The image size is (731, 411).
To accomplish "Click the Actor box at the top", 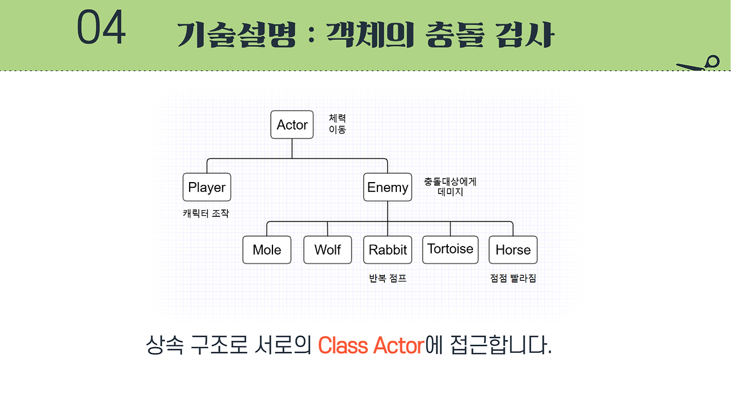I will (x=292, y=124).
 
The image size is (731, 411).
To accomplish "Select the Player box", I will (x=207, y=187).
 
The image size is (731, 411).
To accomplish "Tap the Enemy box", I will (x=387, y=187).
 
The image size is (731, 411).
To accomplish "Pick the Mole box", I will (x=267, y=249).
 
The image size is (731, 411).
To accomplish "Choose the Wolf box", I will (x=327, y=249).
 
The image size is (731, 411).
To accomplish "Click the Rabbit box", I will (x=388, y=249).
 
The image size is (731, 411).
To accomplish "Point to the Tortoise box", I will (x=450, y=249).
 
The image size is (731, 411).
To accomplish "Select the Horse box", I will (x=513, y=249).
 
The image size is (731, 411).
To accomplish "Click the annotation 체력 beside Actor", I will (x=337, y=118).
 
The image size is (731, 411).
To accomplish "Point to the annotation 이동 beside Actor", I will (x=337, y=129).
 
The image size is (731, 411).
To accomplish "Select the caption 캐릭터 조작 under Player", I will (x=206, y=213).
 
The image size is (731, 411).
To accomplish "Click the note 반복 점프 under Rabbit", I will (x=388, y=279).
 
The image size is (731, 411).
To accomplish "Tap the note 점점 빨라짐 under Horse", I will (x=513, y=279).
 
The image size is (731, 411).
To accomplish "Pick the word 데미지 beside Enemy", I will (x=450, y=192).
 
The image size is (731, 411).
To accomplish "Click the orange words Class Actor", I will (x=371, y=345).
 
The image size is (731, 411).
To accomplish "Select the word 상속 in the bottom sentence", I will (x=163, y=345).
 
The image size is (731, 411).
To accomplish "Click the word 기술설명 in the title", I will (x=236, y=35).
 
